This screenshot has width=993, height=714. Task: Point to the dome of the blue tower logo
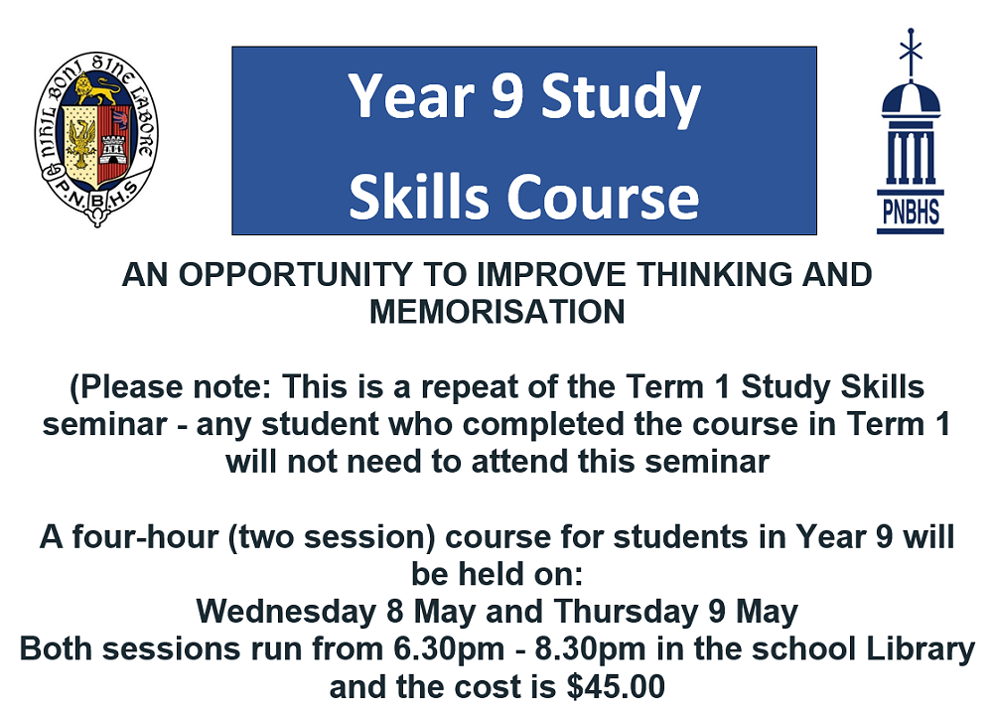910,99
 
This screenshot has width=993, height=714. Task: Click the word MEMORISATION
496,311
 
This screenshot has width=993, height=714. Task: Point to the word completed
546,424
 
